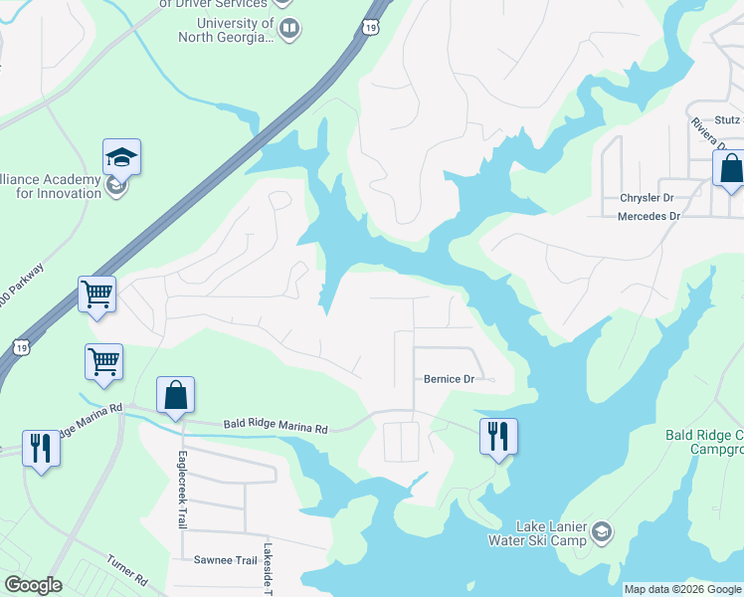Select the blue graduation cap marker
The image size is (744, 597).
point(121,157)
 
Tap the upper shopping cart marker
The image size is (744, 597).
point(96,295)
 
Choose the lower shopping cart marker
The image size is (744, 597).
point(103,362)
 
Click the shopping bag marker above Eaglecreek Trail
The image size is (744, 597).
point(175,395)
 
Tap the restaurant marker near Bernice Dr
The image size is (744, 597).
point(498,435)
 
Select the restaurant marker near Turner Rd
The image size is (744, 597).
point(41,448)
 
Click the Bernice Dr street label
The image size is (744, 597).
point(450,379)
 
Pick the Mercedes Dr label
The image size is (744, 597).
point(649,216)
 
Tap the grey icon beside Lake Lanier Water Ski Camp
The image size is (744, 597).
point(601,533)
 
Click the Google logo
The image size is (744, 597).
point(34,585)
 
